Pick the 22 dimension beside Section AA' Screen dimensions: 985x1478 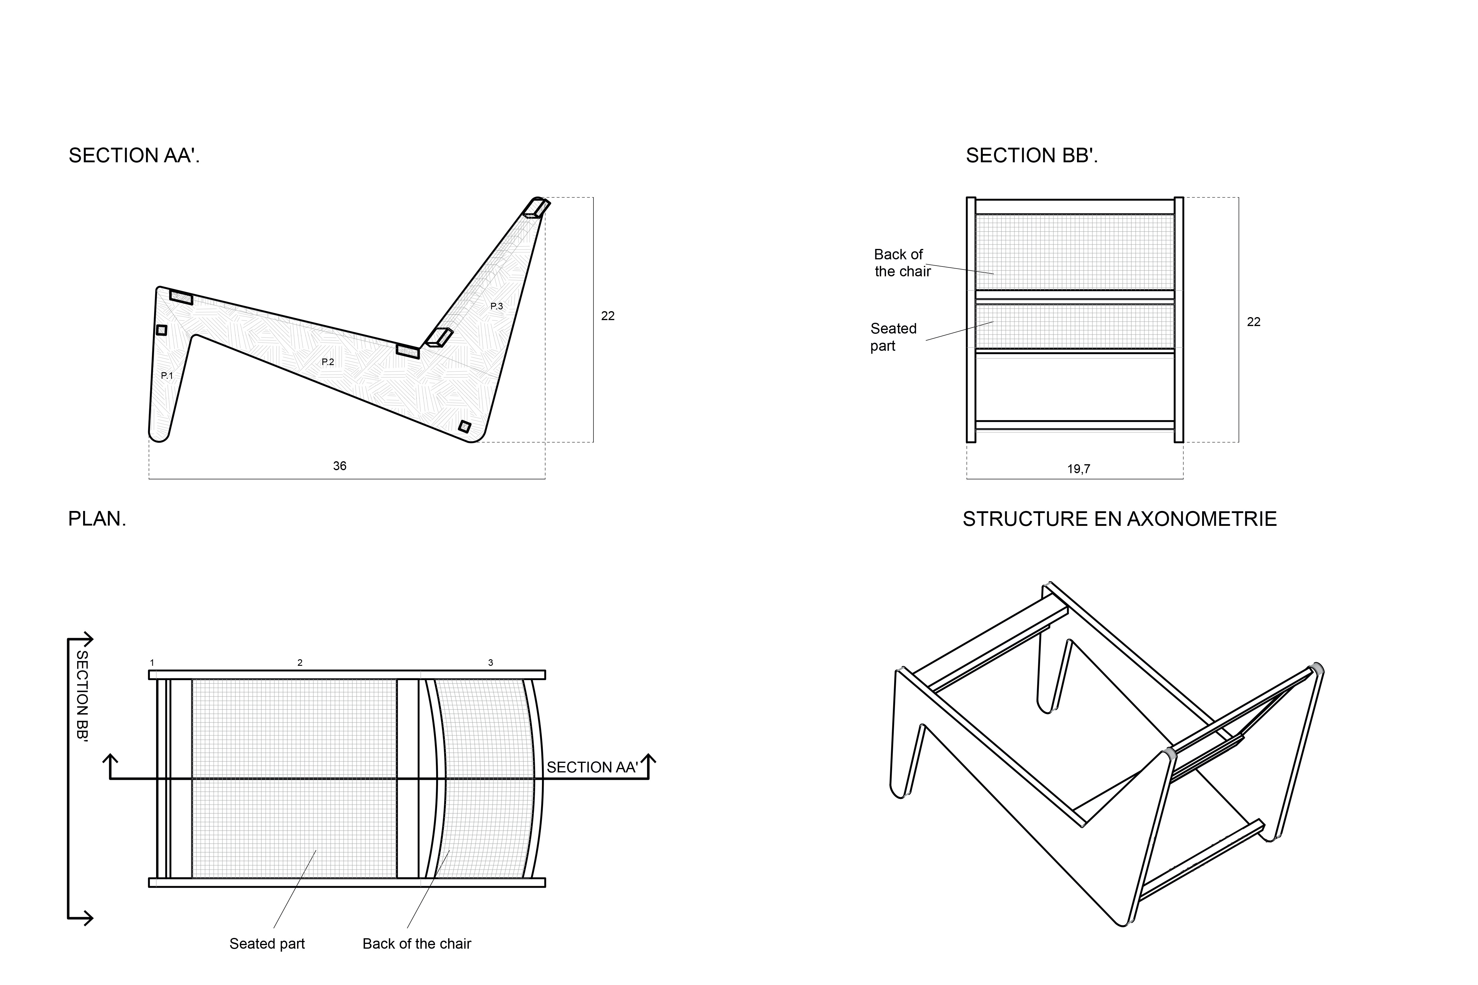coord(608,316)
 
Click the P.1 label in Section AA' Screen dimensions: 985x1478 coord(167,376)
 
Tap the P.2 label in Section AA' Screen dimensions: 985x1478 coord(327,362)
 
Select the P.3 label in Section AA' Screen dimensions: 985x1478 coord(496,307)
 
